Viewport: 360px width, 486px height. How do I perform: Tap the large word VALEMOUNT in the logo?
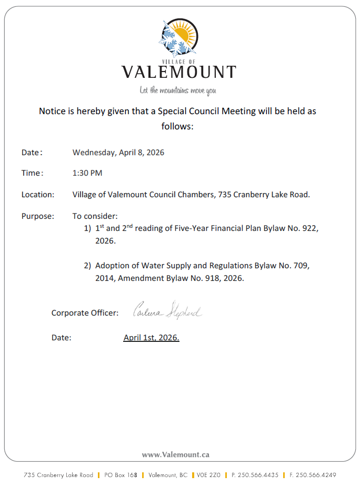pos(179,72)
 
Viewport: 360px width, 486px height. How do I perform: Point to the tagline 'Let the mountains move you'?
pos(178,90)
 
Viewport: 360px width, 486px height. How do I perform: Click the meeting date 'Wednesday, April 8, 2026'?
pos(118,153)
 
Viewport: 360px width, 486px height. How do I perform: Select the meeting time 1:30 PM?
pos(87,173)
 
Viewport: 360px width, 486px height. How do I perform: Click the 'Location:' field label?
pos(38,195)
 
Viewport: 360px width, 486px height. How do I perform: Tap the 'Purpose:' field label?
pos(37,216)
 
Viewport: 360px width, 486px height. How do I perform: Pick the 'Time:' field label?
pos(32,173)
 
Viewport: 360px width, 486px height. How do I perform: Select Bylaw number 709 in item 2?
pos(299,266)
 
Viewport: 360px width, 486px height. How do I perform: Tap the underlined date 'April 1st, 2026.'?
pos(152,338)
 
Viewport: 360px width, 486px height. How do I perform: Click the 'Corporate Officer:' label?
pos(85,313)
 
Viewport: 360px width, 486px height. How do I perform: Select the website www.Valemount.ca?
pos(176,454)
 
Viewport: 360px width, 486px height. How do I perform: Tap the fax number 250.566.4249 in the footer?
pos(316,475)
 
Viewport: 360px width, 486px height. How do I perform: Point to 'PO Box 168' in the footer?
pos(121,475)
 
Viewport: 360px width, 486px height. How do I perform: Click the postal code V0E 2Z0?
pos(209,475)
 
